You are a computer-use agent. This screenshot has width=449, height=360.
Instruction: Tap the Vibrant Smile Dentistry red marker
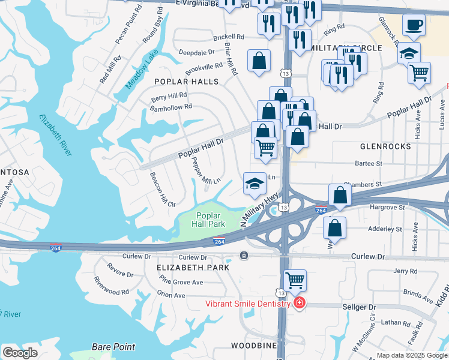(x=299, y=304)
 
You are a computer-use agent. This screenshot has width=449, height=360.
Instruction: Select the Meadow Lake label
(x=140, y=72)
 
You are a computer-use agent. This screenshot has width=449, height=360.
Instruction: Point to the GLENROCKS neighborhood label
(x=385, y=146)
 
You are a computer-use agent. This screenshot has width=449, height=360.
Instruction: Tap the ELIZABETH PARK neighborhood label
(x=193, y=267)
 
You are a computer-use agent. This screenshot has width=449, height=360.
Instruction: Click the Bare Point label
(x=113, y=347)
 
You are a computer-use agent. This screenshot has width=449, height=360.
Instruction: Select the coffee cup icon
(x=414, y=26)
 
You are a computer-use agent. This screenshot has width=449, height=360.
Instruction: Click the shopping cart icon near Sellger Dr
(x=295, y=280)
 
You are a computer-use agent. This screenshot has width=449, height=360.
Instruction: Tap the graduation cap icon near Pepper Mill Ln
(x=255, y=183)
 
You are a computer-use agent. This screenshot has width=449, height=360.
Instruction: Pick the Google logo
(x=20, y=353)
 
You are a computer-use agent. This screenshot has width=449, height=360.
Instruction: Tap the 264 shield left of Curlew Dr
(x=56, y=248)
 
